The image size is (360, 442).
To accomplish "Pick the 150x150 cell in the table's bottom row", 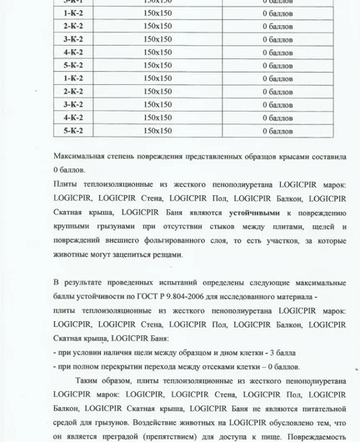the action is pyautogui.click(x=157, y=130).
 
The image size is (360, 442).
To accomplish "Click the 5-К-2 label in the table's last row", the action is pyautogui.click(x=73, y=130).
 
